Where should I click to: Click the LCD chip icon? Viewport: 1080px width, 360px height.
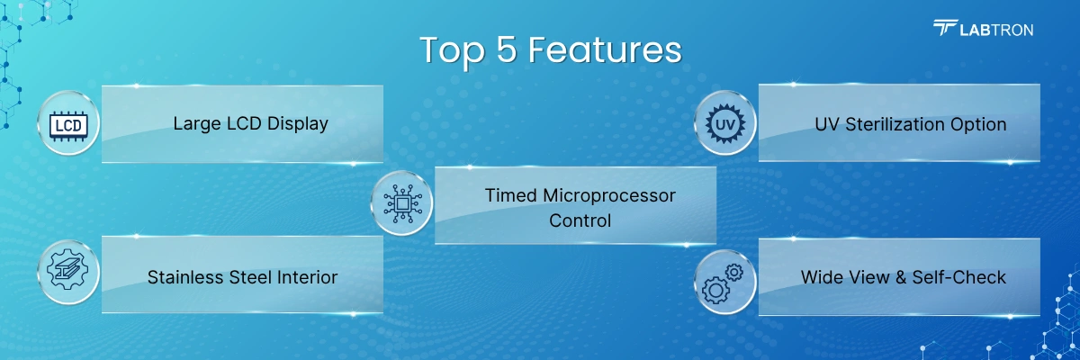point(68,126)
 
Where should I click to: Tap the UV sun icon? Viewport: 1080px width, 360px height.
point(725,124)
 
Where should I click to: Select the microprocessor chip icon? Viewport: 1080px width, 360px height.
point(402,204)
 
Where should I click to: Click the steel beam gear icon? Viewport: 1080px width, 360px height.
point(68,272)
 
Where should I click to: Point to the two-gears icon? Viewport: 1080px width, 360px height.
point(722,283)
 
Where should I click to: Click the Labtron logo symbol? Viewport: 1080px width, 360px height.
point(945,28)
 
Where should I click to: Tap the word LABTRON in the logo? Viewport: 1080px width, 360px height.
point(996,31)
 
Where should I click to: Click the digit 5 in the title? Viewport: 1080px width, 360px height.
point(506,49)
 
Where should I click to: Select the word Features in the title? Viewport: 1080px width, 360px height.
point(605,49)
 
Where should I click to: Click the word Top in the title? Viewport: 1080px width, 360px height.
point(452,51)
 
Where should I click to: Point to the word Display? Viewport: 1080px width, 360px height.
point(298,124)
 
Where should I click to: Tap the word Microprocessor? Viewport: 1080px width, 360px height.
point(609,196)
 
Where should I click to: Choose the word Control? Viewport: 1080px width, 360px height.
point(580,220)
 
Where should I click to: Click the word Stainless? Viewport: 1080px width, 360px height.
point(185,277)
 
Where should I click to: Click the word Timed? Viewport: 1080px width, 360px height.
point(510,195)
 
